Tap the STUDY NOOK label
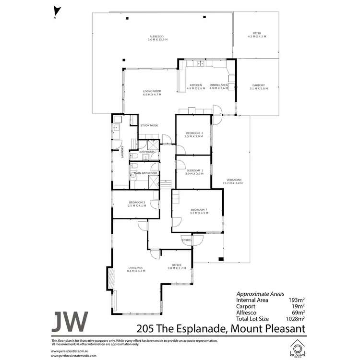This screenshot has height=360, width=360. [x=149, y=126]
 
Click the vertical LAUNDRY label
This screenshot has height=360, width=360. [x=123, y=152]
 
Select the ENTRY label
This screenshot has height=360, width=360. [x=186, y=240]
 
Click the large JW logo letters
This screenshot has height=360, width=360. [x=70, y=321]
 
